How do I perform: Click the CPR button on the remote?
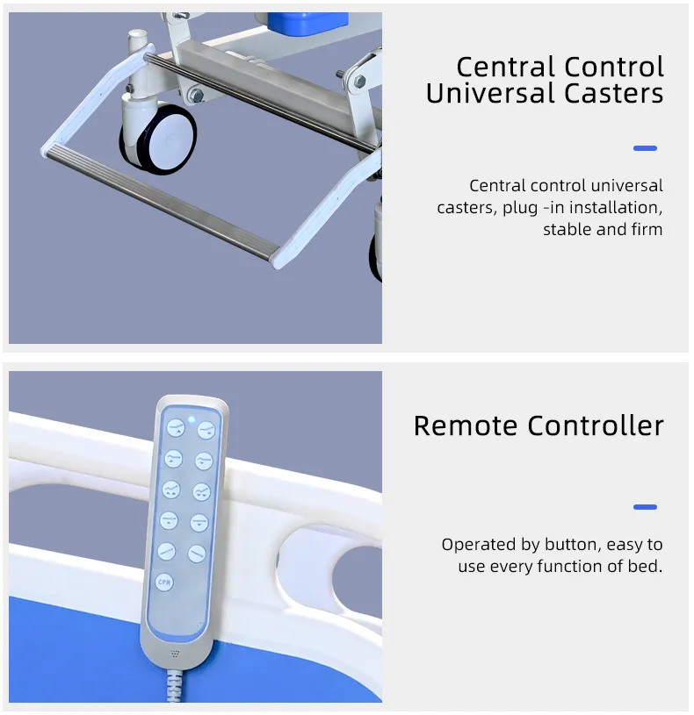click(x=164, y=582)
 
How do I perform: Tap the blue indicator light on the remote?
click(x=192, y=419)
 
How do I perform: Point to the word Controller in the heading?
click(x=596, y=425)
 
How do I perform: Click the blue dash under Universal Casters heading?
click(x=645, y=148)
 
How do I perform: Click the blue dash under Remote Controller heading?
click(x=645, y=507)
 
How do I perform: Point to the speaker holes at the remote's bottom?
click(x=175, y=654)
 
